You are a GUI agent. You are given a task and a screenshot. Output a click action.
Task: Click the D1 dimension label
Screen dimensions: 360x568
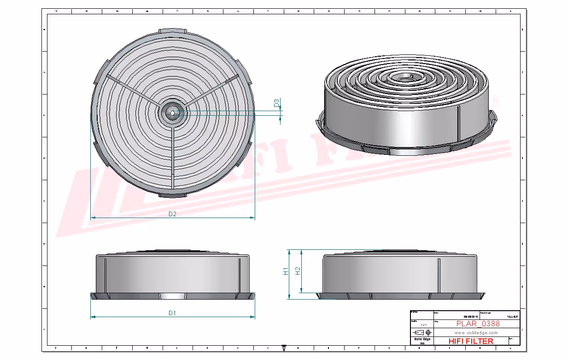pos(172,313)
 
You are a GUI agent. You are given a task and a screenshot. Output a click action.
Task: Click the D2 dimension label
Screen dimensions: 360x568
pos(172,214)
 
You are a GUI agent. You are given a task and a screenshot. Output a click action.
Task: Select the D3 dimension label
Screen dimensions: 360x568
pos(276,103)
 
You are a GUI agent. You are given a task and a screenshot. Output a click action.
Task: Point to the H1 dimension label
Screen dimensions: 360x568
pos(286,271)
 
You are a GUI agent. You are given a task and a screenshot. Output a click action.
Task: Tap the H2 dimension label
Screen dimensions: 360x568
pos(298,271)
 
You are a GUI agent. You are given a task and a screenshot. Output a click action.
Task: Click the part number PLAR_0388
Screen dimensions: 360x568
pos(478,324)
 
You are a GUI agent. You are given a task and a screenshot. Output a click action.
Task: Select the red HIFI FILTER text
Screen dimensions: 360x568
pos(470,341)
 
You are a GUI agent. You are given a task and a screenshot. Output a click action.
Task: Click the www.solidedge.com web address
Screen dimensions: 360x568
pos(476,332)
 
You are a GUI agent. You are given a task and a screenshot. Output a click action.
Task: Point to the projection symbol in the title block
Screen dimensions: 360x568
pos(422,332)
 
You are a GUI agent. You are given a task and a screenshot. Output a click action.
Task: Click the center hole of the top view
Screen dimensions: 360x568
pos(172,113)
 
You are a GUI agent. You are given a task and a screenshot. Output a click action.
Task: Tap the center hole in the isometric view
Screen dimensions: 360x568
pos(405,79)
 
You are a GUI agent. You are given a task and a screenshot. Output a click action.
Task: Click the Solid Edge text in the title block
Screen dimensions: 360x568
pos(422,339)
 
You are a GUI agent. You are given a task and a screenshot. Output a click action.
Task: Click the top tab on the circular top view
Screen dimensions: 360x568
pos(173,31)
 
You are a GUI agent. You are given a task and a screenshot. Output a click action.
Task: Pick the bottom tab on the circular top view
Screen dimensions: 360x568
pos(173,195)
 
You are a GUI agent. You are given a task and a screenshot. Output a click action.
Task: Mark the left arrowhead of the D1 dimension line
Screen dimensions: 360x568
pos(93,317)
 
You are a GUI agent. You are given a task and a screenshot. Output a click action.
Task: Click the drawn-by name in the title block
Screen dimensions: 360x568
pos(512,317)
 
